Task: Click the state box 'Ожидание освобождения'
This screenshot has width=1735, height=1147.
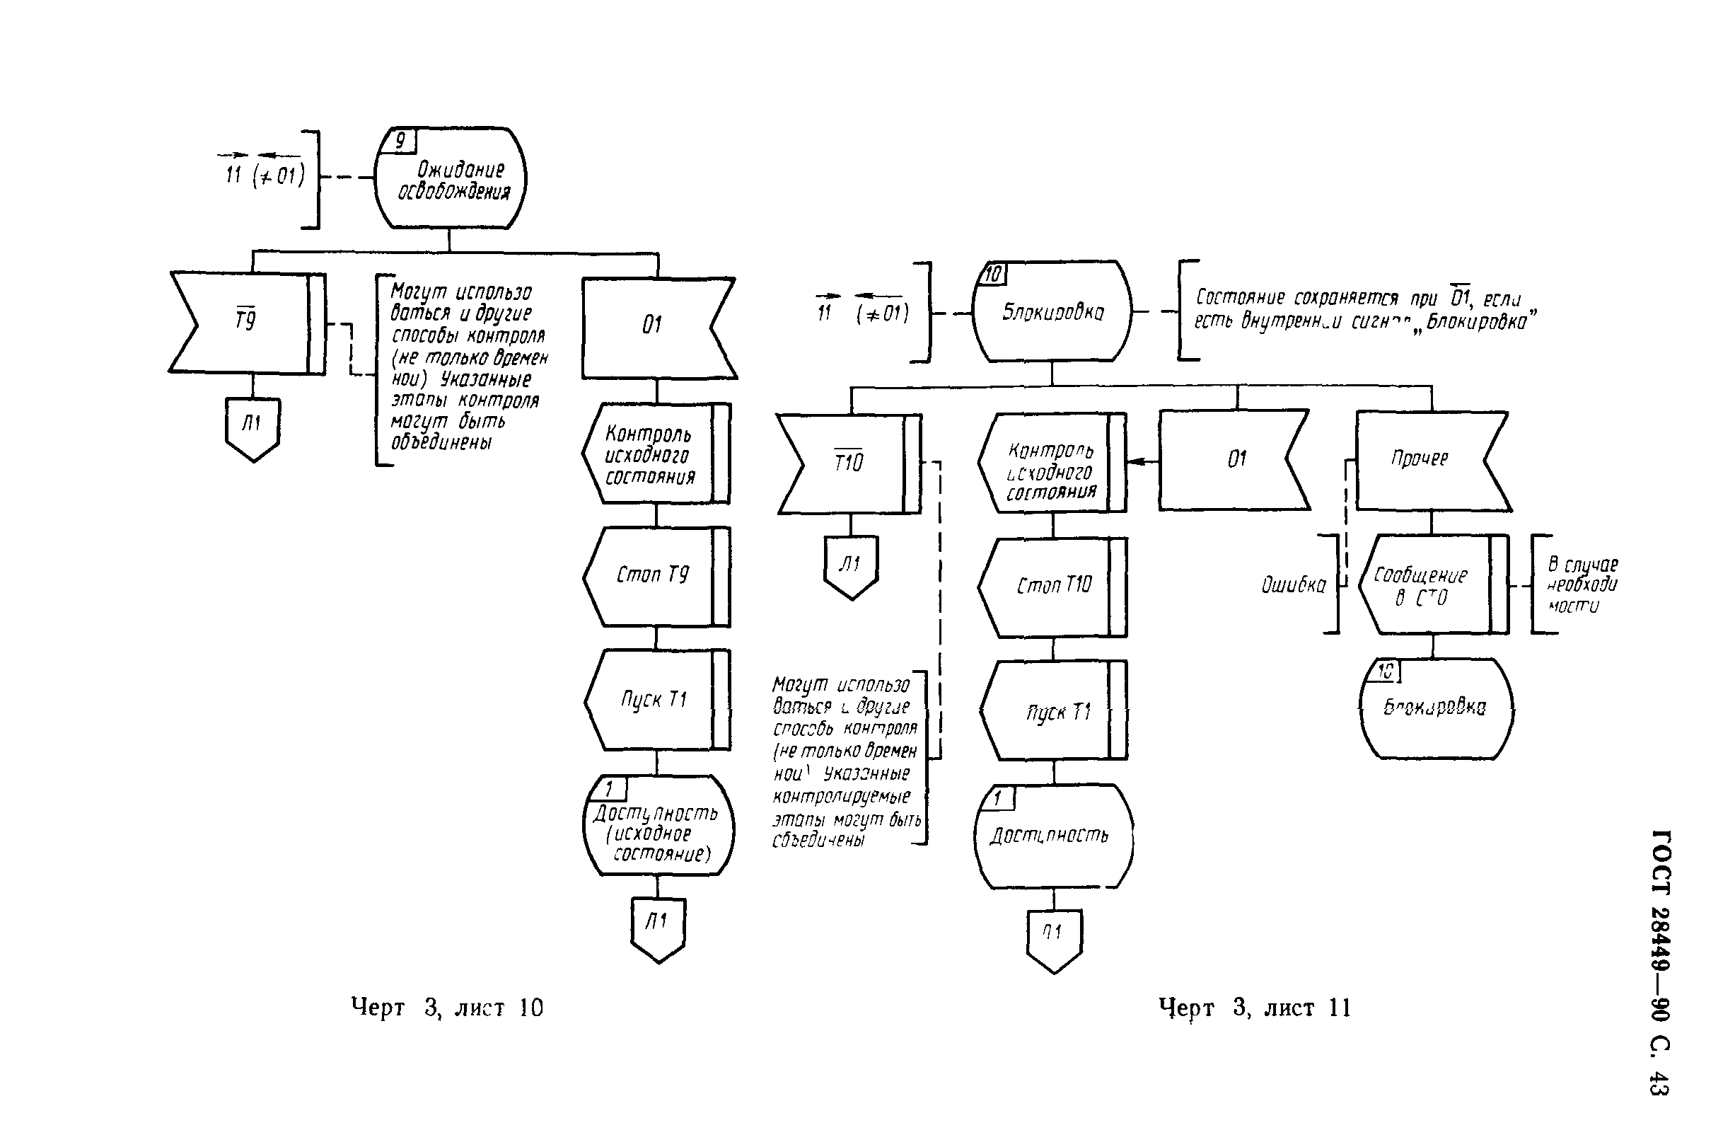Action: pyautogui.click(x=450, y=178)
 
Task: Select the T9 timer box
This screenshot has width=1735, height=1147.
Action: pyautogui.click(x=246, y=323)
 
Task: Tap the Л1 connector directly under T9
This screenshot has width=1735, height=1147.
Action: pyautogui.click(x=253, y=427)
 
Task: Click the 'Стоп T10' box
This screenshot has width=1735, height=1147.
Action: pyautogui.click(x=1052, y=586)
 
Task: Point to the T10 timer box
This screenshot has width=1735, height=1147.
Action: pyautogui.click(x=848, y=463)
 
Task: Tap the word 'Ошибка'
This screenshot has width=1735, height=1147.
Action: pyautogui.click(x=1293, y=585)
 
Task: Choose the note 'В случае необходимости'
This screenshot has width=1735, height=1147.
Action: pyautogui.click(x=1582, y=585)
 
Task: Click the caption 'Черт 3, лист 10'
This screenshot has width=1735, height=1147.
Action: pyautogui.click(x=447, y=1008)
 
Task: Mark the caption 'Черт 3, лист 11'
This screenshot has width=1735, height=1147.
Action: pyautogui.click(x=1255, y=1008)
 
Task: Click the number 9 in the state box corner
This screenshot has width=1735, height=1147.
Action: pyautogui.click(x=400, y=140)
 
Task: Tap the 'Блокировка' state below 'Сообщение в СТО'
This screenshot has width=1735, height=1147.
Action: pyautogui.click(x=1435, y=708)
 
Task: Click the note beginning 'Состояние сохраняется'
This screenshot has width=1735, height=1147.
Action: pyautogui.click(x=1364, y=309)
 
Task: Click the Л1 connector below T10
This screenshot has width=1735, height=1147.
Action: pyautogui.click(x=851, y=565)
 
